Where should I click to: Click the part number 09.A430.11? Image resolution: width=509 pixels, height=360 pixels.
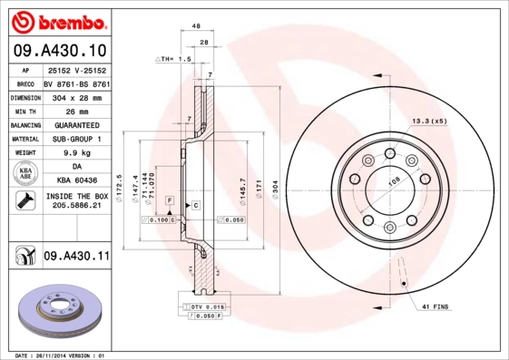click(x=76, y=257)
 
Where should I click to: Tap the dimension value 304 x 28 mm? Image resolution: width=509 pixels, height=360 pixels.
click(x=76, y=95)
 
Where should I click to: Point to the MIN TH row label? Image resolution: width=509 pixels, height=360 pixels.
click(x=24, y=110)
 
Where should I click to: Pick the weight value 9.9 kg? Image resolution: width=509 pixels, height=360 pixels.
click(x=76, y=153)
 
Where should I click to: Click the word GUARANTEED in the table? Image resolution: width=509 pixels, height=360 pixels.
click(x=76, y=124)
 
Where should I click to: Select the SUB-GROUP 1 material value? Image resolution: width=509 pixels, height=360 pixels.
click(x=76, y=139)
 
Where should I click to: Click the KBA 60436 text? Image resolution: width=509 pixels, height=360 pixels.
click(x=76, y=182)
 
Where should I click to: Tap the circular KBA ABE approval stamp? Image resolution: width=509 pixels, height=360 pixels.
click(x=24, y=174)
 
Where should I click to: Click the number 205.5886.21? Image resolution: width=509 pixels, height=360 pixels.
click(x=76, y=207)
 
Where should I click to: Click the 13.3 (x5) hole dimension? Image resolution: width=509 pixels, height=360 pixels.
click(x=429, y=120)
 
